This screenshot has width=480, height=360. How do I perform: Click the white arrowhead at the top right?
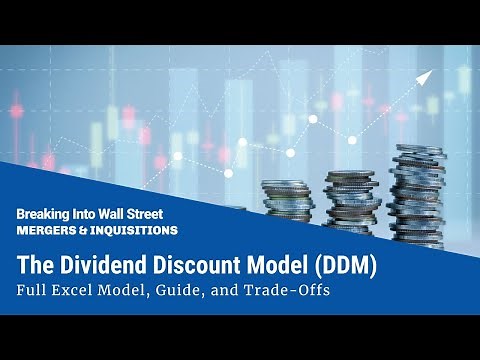click(x=423, y=77)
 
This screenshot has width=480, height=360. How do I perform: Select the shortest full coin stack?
click(x=288, y=200)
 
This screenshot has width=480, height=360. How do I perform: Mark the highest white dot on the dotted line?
click(x=313, y=119)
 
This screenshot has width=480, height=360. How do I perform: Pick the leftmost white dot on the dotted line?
click(x=178, y=156)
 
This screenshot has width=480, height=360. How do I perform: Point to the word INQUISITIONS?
click(x=135, y=229)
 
